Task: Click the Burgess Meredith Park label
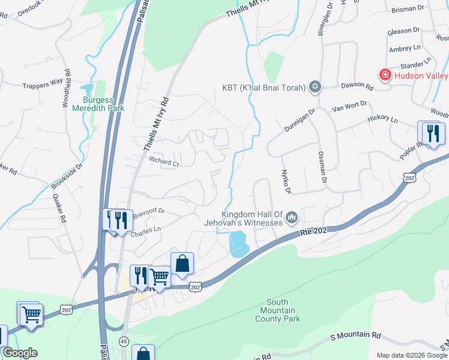point(98,104)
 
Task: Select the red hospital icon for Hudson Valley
point(384,75)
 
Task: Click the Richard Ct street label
point(164,162)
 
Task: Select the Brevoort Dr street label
point(148,212)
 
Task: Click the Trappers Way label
point(43,83)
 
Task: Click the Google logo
point(20,353)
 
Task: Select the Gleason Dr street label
point(403,31)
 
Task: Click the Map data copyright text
point(411,355)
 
